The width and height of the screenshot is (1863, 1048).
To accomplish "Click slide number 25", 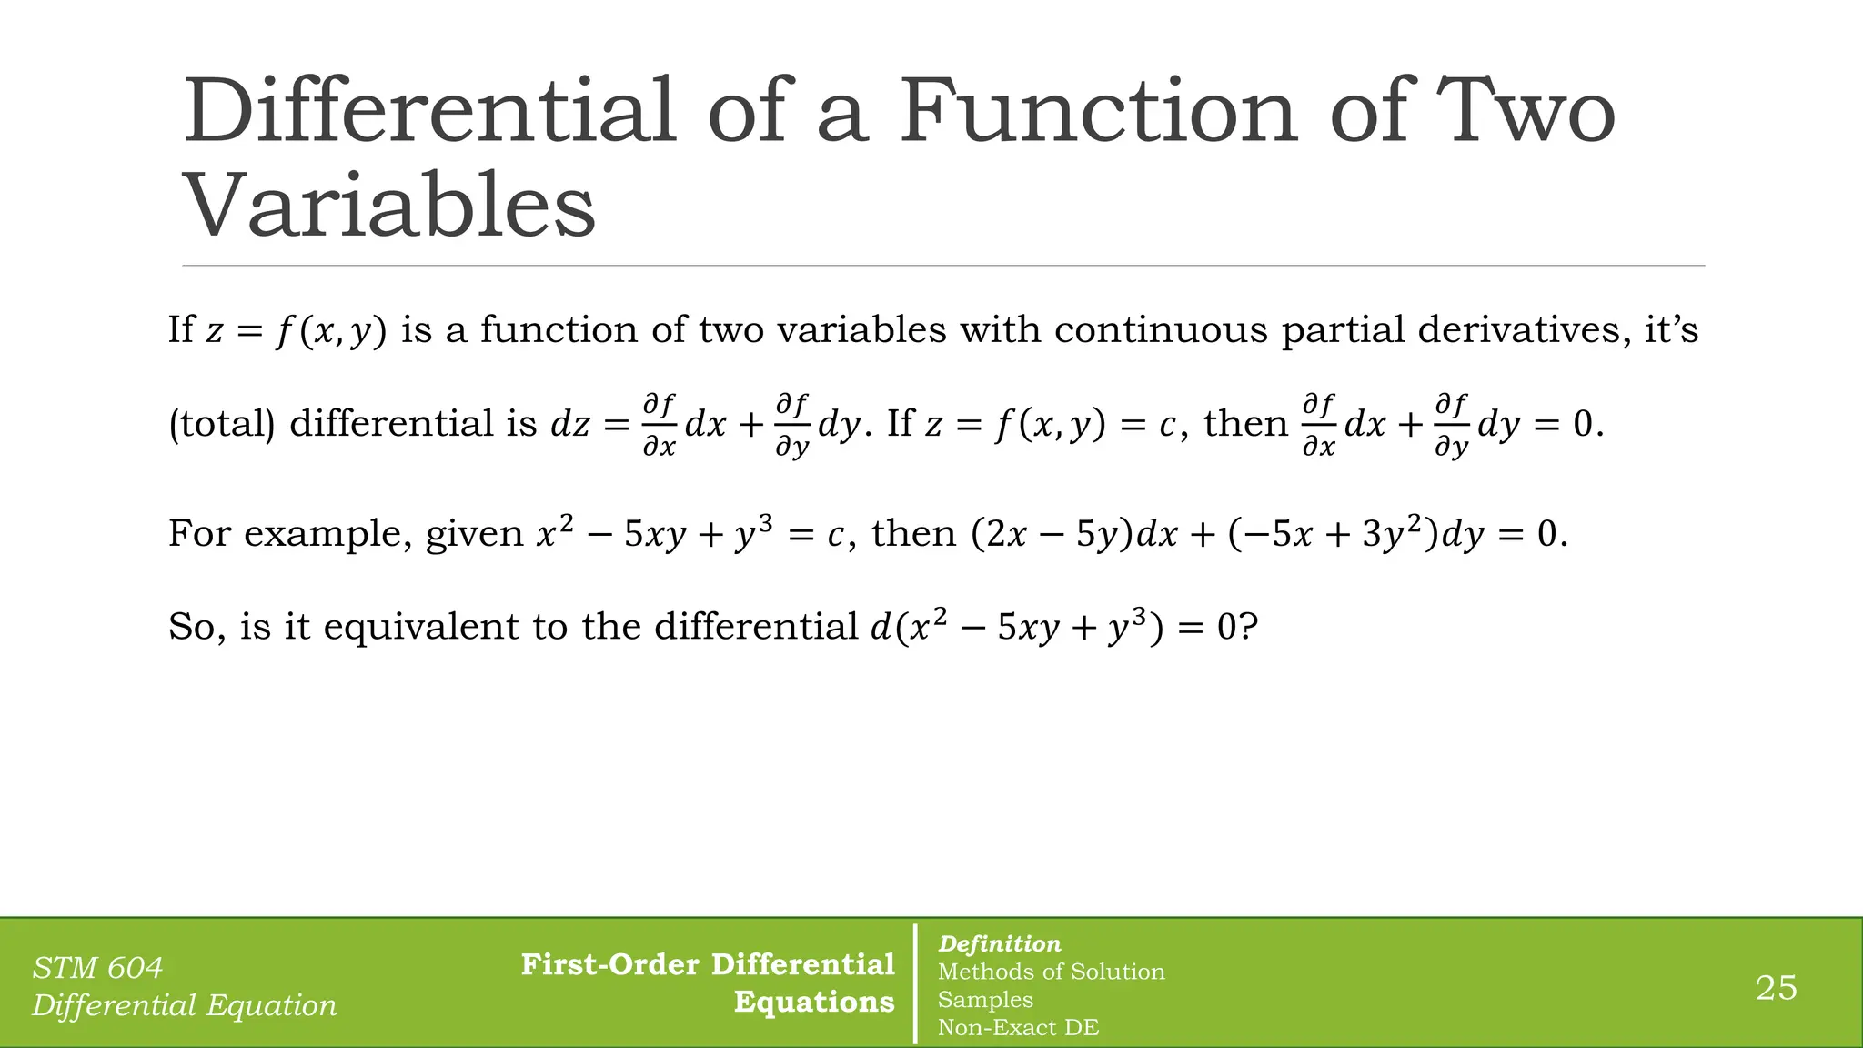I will click(1776, 988).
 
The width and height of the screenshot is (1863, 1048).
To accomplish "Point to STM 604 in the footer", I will click(97, 968).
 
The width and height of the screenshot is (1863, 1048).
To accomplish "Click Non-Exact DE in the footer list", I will click(1018, 1028).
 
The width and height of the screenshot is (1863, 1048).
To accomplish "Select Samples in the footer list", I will click(985, 1000).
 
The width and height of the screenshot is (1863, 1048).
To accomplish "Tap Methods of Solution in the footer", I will click(1051, 972).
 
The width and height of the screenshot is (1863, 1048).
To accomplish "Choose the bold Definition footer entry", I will click(999, 944).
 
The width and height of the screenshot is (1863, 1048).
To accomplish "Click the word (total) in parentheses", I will click(221, 424).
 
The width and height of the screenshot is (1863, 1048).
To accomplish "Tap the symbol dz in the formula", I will click(570, 425).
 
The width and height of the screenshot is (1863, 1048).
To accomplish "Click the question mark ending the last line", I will click(1248, 627).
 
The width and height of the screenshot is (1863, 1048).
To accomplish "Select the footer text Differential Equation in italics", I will click(185, 1005).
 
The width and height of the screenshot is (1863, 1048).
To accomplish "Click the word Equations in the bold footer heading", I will click(814, 1002).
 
